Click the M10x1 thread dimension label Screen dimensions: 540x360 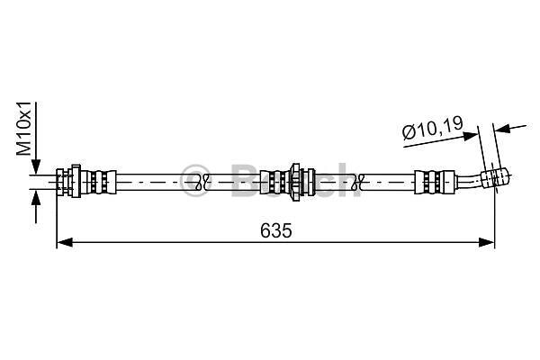click(x=24, y=129)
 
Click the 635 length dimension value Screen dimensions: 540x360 click(x=276, y=230)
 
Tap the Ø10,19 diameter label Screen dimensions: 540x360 click(x=433, y=128)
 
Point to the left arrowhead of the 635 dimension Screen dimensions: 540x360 click(x=65, y=242)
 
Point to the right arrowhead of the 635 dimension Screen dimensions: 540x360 click(x=486, y=242)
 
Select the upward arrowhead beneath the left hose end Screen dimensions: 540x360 click(x=35, y=197)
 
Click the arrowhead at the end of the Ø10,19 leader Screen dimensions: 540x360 click(x=471, y=136)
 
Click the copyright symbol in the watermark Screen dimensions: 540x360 click(x=195, y=180)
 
